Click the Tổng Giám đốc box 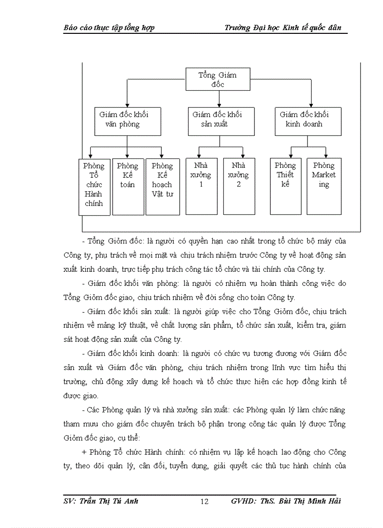218,79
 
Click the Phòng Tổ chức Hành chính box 94,187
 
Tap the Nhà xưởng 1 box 201,186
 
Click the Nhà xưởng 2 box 239,186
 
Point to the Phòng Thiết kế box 286,186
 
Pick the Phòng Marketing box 324,186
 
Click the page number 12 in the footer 204,502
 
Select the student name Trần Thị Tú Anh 111,501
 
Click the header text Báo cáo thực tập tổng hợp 109,28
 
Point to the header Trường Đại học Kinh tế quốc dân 283,28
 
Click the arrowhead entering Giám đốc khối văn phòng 127,105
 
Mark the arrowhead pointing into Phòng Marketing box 326,156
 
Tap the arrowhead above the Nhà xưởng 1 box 199,156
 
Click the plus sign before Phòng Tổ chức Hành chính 84,453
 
